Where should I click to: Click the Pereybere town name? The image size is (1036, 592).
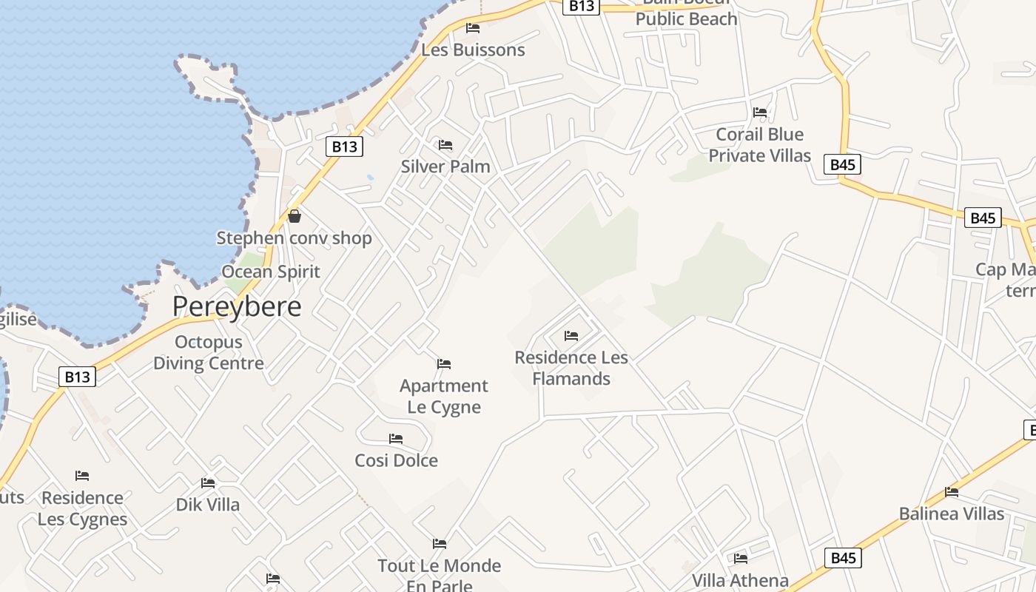[237, 306]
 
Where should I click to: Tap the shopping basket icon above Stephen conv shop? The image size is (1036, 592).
[295, 216]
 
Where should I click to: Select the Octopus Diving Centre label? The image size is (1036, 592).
[209, 353]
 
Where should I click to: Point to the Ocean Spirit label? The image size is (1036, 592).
[271, 272]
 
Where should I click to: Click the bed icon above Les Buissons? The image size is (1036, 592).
[473, 28]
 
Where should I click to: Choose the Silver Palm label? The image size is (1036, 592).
[445, 166]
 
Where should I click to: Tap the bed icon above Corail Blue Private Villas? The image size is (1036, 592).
[760, 112]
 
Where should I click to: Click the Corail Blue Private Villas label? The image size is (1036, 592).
[760, 145]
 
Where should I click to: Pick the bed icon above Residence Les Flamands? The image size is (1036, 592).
[571, 336]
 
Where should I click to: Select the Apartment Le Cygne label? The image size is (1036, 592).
[444, 397]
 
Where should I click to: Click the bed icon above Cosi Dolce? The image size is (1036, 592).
[396, 439]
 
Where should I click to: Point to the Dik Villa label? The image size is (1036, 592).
[208, 505]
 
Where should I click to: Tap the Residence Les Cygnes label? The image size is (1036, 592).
[82, 508]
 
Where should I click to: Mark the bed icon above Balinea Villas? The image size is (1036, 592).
[952, 492]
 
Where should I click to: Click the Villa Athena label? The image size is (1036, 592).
[740, 581]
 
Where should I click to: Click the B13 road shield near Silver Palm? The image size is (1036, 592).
[344, 147]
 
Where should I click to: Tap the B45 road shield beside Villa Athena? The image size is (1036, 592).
[843, 558]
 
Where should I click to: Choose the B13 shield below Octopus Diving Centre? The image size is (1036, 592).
[77, 377]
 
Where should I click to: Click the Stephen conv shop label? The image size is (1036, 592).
[294, 238]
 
